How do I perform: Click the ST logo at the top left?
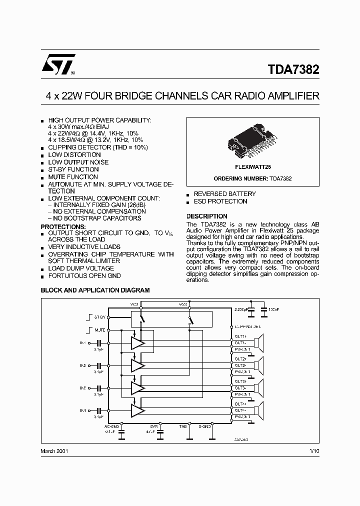coord(58,64)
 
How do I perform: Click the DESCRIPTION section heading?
coord(206,216)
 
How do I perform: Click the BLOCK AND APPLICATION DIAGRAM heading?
coord(95,290)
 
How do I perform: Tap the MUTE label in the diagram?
coord(99,330)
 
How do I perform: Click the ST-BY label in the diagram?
coord(98,317)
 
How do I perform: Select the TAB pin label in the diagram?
coord(183,426)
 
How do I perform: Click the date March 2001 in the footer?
coord(54,450)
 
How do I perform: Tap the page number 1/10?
coord(313,450)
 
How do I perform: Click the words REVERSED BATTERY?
coord(224,193)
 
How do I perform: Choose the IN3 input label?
coord(82,388)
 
